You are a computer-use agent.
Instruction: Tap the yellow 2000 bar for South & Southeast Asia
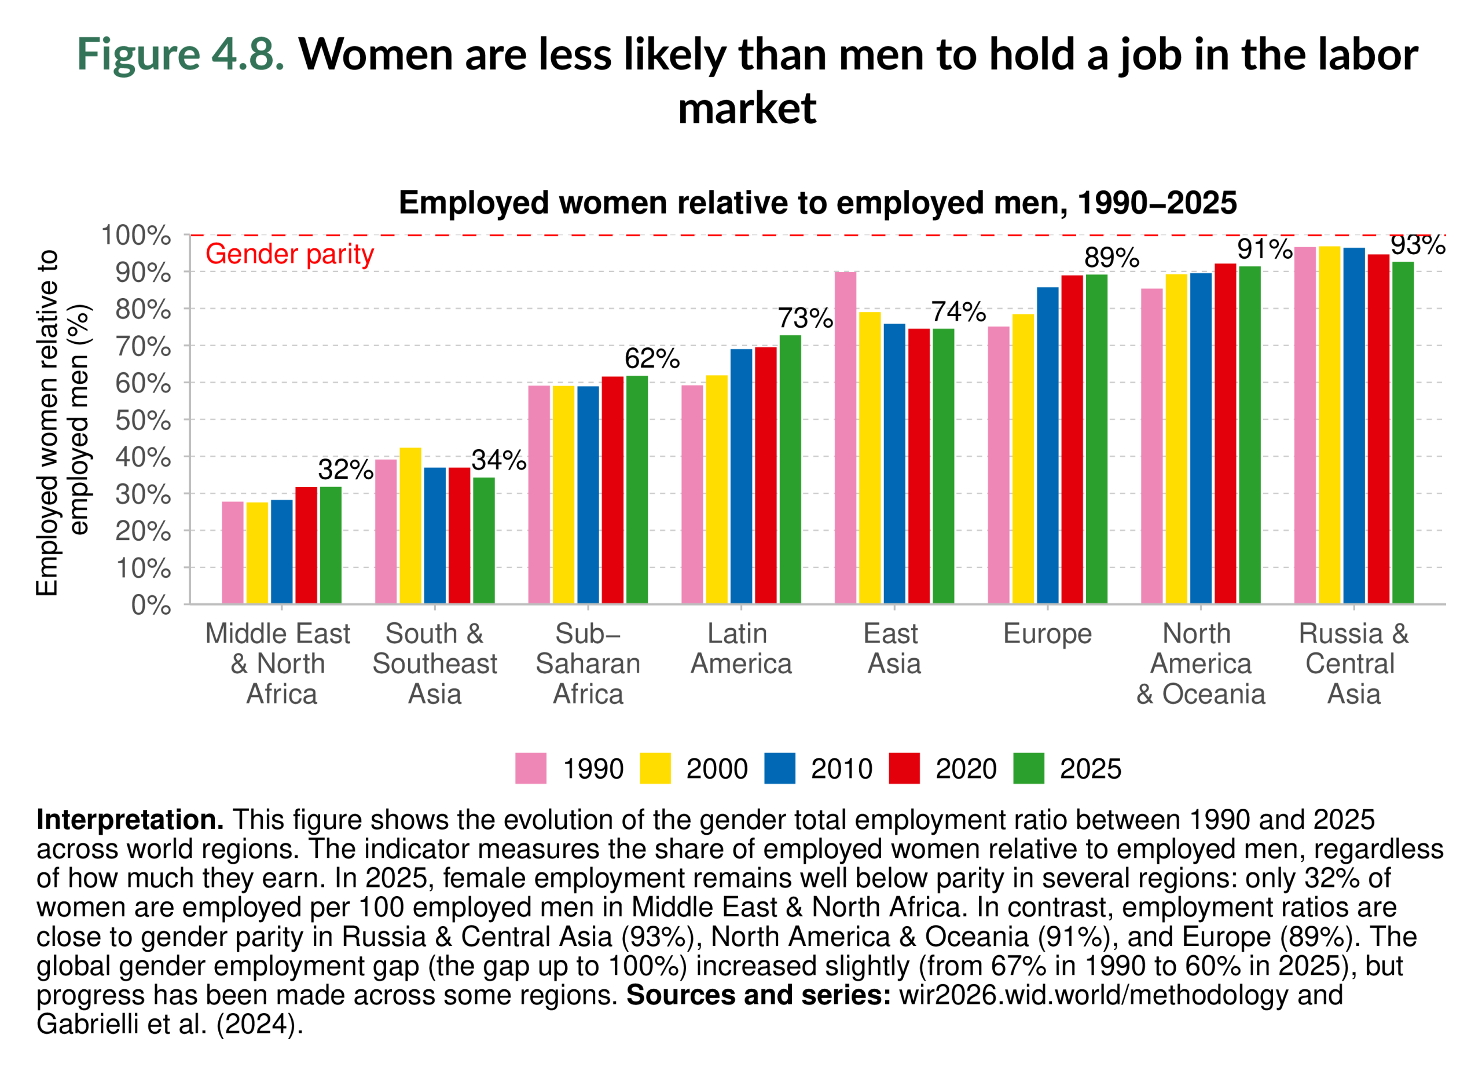tap(410, 526)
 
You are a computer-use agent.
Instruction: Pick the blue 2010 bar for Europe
tap(1047, 445)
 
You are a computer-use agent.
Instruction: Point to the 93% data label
tap(1417, 245)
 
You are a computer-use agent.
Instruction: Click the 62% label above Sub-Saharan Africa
tap(651, 359)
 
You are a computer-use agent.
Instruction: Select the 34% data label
tap(498, 461)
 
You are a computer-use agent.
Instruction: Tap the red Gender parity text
tap(289, 254)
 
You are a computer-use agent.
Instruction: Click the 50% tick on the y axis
tap(143, 420)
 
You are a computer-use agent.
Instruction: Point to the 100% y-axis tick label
tap(136, 235)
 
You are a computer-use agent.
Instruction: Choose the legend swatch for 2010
tap(780, 769)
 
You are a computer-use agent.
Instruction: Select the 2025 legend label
tap(1090, 769)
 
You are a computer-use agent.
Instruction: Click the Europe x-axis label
tap(1047, 634)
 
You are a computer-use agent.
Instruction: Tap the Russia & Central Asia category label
tap(1353, 663)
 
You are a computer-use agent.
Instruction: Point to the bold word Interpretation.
tap(129, 820)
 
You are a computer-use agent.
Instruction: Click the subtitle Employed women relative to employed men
tap(817, 203)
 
